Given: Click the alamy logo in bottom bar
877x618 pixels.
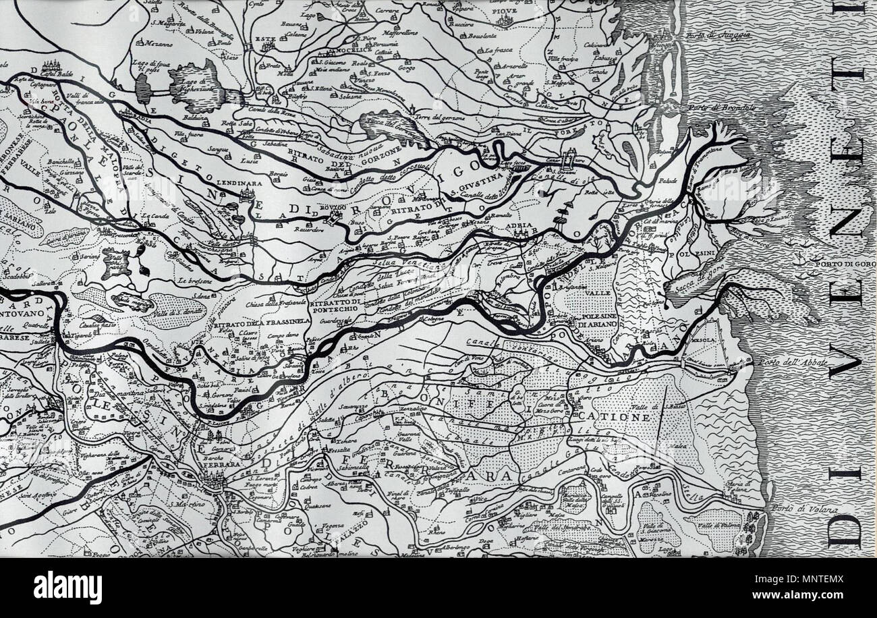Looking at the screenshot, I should coord(67,587).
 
